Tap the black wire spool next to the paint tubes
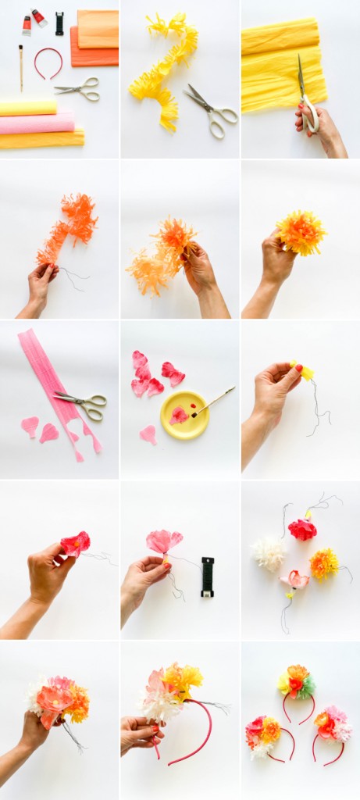(x=59, y=23)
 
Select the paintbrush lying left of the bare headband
(x=20, y=67)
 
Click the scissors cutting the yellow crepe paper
(x=305, y=94)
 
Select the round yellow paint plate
(x=184, y=414)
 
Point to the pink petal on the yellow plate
(x=179, y=416)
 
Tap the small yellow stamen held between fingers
(x=306, y=373)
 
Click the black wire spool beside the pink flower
(x=207, y=577)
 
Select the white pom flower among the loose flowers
(x=268, y=553)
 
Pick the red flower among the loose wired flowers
(x=301, y=529)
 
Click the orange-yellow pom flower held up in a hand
(x=301, y=232)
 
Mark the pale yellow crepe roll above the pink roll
(x=28, y=107)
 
